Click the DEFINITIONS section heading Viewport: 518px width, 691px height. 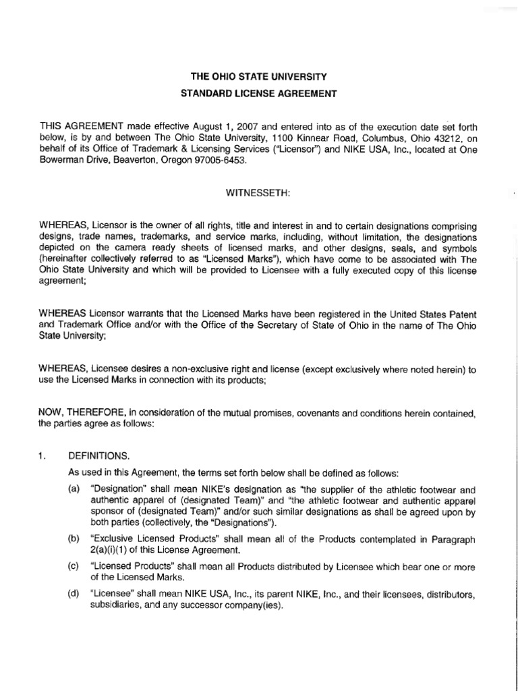(x=101, y=457)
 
